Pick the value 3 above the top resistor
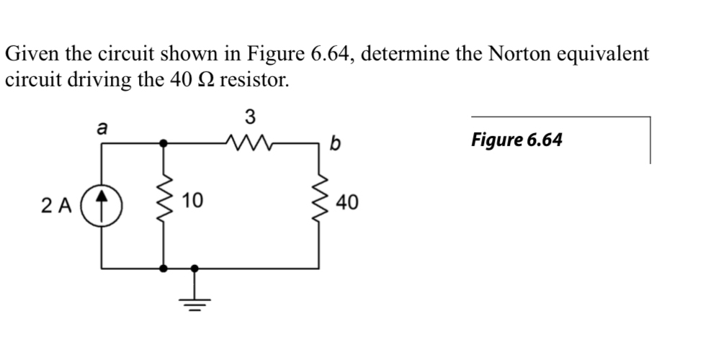pos(249,116)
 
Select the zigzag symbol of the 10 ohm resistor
pos(165,204)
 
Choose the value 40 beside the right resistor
pos(349,204)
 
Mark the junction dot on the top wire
pos(165,143)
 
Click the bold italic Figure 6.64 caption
pos(516,139)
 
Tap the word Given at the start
pos(30,53)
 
